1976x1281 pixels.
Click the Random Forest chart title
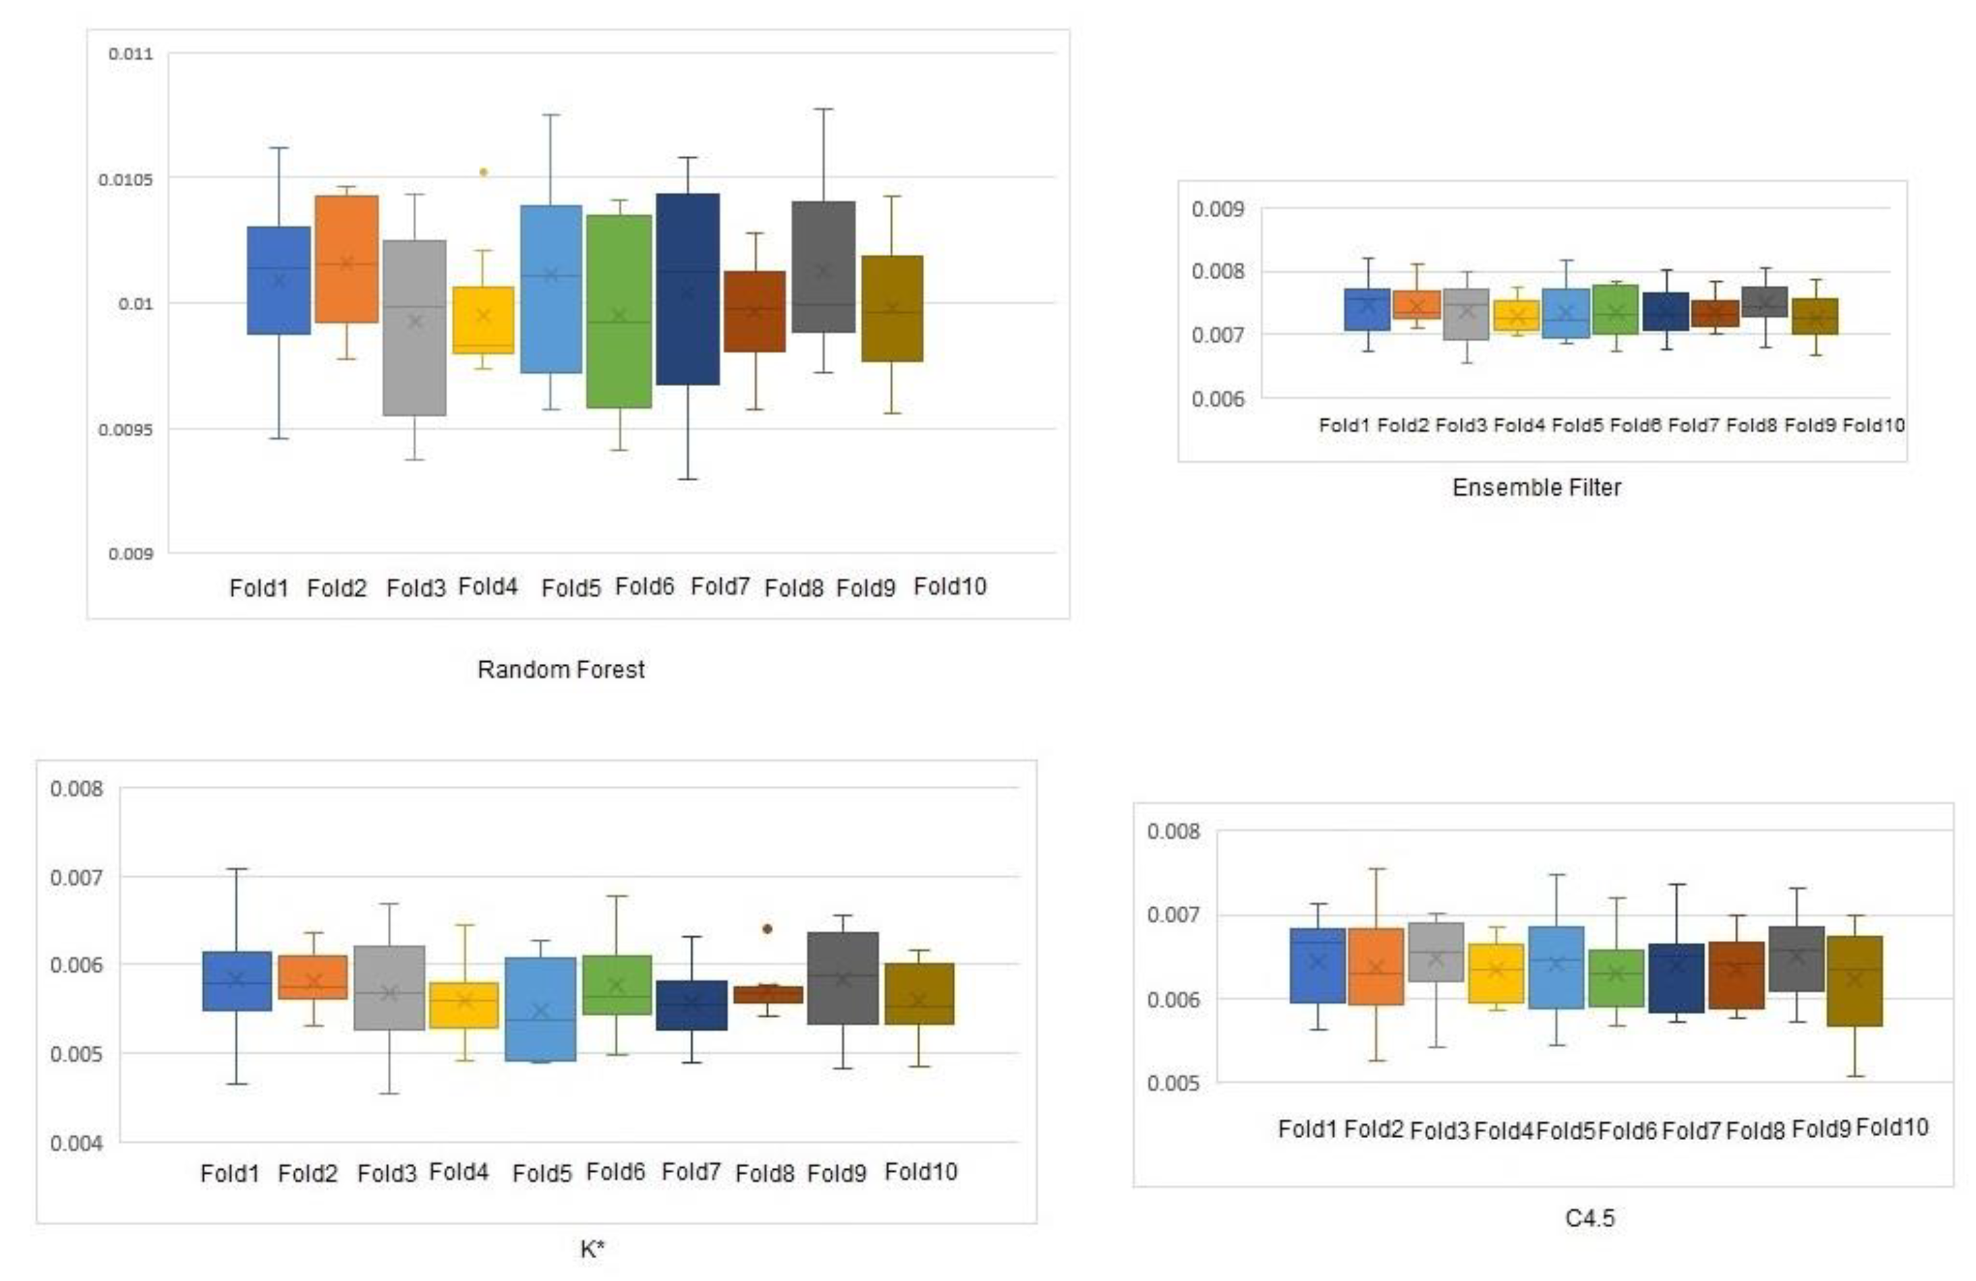tap(561, 669)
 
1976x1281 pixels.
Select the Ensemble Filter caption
tap(1536, 487)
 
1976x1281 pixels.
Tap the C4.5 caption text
tap(1589, 1218)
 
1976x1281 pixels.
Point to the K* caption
tap(592, 1249)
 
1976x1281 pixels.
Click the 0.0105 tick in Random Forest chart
tap(125, 179)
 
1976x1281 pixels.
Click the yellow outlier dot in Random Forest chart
tap(483, 173)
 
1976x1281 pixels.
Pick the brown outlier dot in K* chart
tap(767, 929)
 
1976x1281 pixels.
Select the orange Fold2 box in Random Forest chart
tap(346, 259)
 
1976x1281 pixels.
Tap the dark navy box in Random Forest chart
tap(687, 289)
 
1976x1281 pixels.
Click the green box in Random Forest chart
tap(619, 312)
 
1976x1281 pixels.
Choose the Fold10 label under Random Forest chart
tap(950, 587)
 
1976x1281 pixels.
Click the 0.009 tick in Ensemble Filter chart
tap(1217, 209)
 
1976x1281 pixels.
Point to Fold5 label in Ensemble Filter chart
tap(1577, 426)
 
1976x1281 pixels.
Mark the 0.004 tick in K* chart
tap(76, 1143)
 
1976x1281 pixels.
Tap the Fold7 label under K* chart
tap(690, 1172)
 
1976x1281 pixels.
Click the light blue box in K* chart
tap(540, 1008)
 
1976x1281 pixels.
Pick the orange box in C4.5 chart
tap(1376, 967)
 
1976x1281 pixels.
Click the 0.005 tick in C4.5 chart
tap(1173, 1083)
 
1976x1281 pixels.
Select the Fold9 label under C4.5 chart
tap(1821, 1129)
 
